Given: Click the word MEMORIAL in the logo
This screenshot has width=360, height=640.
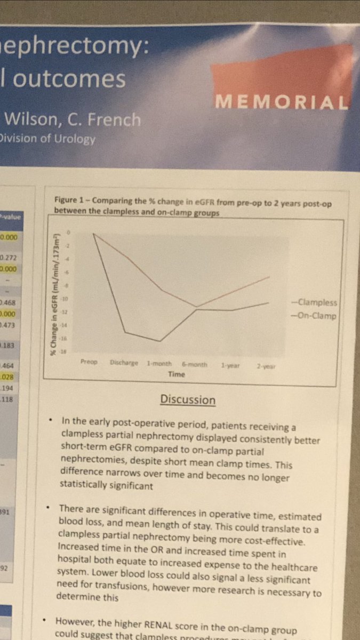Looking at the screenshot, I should [x=281, y=101].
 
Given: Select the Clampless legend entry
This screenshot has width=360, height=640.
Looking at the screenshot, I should [x=317, y=303].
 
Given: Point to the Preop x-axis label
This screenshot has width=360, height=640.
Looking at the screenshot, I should [x=89, y=362].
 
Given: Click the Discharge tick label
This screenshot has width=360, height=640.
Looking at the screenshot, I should [x=124, y=363].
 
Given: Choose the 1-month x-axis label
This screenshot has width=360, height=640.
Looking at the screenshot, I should [x=159, y=364].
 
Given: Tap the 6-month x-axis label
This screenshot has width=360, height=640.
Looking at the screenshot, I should [x=194, y=364].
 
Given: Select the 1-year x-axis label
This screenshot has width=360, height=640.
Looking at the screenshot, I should [x=230, y=365].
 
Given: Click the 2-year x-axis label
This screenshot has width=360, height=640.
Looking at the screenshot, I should [x=265, y=366].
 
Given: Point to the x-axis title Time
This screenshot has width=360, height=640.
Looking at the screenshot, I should [x=177, y=374].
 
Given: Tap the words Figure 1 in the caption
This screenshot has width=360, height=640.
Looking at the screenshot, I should [x=70, y=199].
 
